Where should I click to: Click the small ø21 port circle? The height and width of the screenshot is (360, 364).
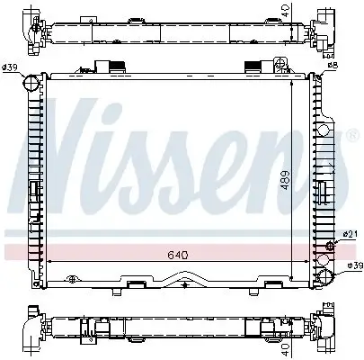[329, 246]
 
